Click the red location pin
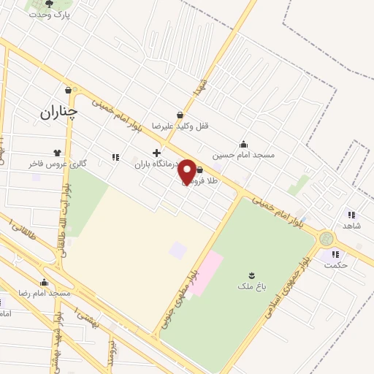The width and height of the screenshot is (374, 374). tap(187, 171)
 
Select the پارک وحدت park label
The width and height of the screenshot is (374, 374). tap(49, 15)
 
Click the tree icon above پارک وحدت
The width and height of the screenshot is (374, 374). tap(49, 4)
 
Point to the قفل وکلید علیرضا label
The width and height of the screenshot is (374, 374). tap(180, 126)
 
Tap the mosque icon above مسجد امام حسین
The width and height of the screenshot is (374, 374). tap(243, 144)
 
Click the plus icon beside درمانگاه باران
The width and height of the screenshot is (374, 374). tap(156, 153)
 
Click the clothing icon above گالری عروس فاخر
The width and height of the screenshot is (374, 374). tap(57, 153)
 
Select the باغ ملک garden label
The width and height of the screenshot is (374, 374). tap(252, 286)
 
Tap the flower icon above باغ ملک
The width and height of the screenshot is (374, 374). tap(252, 275)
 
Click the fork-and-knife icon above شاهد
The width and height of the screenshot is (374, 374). tap(351, 215)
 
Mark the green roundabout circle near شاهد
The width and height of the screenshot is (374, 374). tap(327, 238)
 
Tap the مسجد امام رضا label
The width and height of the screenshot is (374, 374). tap(45, 293)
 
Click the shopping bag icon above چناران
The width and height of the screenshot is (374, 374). tap(68, 91)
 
